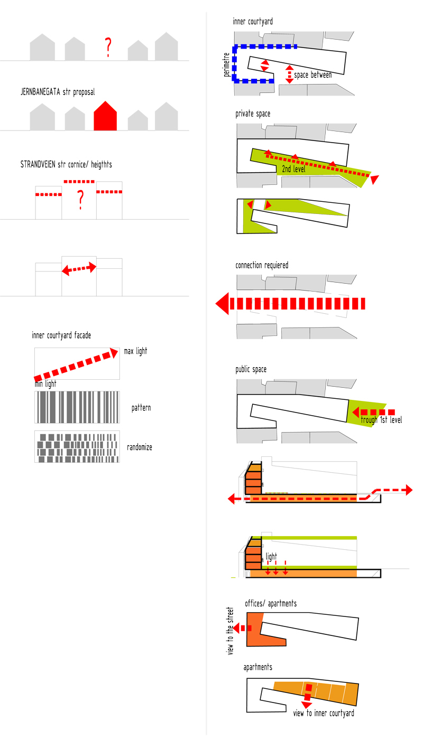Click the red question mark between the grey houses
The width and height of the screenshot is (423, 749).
[108, 48]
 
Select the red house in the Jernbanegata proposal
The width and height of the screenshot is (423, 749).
[105, 116]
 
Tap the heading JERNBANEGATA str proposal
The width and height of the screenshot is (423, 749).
[58, 92]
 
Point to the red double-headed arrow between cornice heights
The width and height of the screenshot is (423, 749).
[79, 269]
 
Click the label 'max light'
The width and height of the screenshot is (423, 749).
[135, 351]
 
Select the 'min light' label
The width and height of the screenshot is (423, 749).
[45, 384]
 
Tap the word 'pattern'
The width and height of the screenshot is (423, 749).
[141, 408]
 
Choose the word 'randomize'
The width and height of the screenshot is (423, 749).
[140, 447]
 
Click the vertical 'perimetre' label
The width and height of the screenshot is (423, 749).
[227, 64]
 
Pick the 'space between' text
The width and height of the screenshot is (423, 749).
[313, 75]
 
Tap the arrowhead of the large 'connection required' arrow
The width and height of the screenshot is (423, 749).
[222, 304]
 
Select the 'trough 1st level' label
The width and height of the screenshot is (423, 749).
[381, 420]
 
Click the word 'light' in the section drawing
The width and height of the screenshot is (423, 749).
[271, 557]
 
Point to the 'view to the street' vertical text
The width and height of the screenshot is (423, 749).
[231, 631]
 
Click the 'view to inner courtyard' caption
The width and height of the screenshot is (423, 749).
[324, 713]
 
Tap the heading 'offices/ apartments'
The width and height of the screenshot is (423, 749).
[271, 603]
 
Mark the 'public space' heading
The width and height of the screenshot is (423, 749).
[251, 370]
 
